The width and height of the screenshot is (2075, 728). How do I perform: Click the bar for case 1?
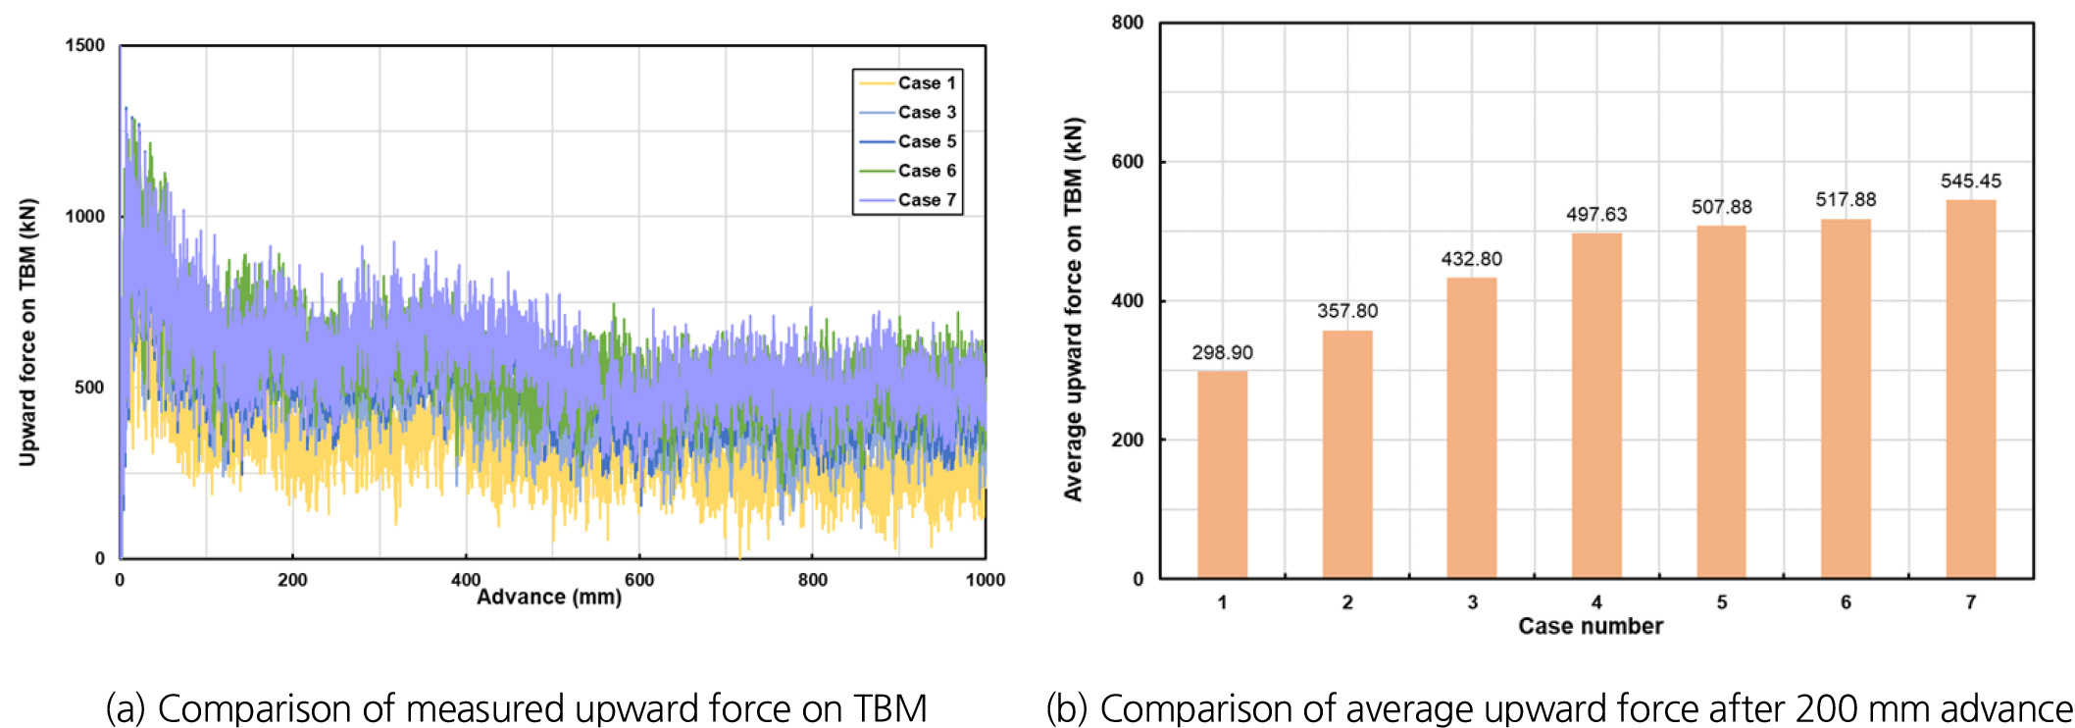[1222, 474]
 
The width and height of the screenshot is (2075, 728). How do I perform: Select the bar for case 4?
[1596, 405]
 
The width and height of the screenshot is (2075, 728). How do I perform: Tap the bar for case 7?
[1970, 389]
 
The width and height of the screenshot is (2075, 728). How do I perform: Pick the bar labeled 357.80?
[1347, 454]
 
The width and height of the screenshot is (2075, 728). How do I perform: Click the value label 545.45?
[1970, 182]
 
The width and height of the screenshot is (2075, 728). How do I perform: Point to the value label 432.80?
[1471, 259]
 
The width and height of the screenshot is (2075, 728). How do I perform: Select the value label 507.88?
[1721, 207]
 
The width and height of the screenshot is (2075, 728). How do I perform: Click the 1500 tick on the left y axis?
[84, 45]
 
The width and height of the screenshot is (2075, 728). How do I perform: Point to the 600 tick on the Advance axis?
[639, 580]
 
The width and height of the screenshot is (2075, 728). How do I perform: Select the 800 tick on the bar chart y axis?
[1128, 23]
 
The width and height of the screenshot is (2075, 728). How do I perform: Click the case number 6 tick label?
[1846, 602]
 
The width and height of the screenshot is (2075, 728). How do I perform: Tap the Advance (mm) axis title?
[549, 598]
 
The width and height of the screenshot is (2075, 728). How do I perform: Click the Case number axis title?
[1591, 626]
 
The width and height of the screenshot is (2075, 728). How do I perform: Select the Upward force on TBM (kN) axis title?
[27, 332]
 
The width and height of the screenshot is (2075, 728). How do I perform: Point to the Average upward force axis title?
[1074, 309]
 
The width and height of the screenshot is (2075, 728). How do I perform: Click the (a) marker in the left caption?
[125, 708]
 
